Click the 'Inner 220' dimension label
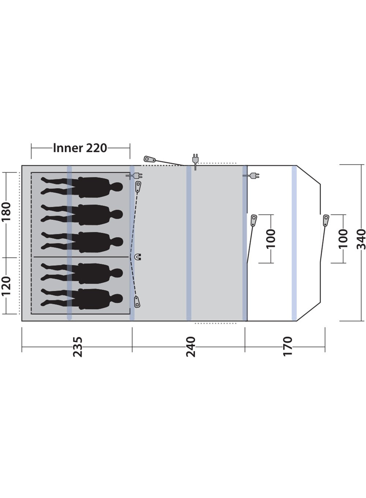click(80, 148)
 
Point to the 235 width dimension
click(78, 347)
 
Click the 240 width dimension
click(191, 347)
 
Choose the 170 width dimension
click(287, 346)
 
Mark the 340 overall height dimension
click(361, 239)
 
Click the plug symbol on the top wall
click(195, 162)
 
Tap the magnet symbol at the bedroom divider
click(138, 257)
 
